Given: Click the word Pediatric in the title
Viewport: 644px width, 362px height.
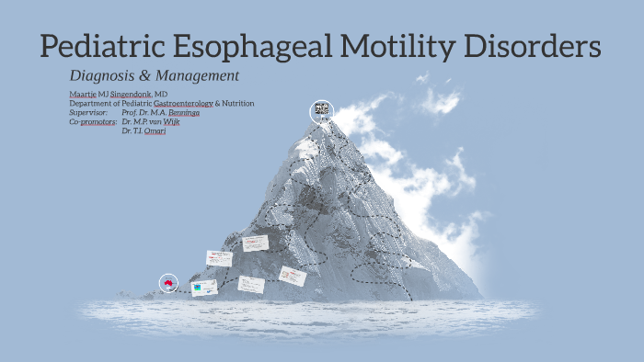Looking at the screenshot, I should point(100,47).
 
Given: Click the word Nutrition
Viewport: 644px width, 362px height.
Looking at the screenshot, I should point(236,104).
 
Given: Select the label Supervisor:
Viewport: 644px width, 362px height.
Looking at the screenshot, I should point(88,112).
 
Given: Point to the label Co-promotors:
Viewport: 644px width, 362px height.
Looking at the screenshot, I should point(93,121).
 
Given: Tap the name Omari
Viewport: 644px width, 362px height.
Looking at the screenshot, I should point(153,130).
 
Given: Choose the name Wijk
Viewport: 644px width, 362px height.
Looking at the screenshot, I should point(170,121).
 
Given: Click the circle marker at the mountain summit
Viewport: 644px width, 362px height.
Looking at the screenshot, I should point(321,111).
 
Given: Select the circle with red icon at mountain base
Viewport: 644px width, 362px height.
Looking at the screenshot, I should point(168,283).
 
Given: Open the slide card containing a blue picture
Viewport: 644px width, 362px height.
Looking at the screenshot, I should point(204,288).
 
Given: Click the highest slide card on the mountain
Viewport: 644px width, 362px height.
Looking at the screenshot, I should point(255,243).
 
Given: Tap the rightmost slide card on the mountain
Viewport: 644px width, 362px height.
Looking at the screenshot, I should point(293,276).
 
